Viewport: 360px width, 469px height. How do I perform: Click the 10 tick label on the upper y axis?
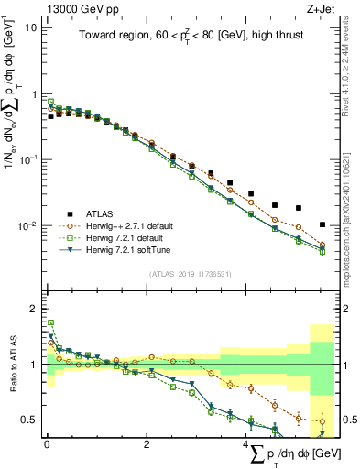pos(30,27)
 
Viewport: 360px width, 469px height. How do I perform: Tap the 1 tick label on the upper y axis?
pos(33,93)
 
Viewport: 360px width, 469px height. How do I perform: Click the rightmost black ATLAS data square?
pos(322,224)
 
